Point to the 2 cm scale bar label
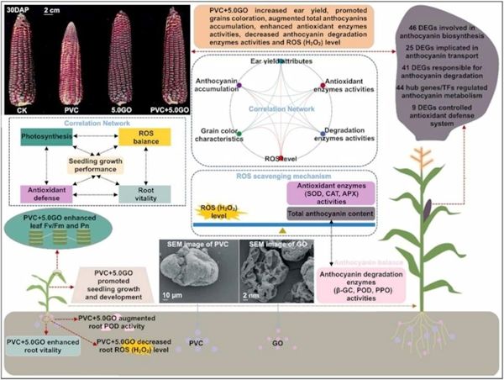55,10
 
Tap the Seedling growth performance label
92,165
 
